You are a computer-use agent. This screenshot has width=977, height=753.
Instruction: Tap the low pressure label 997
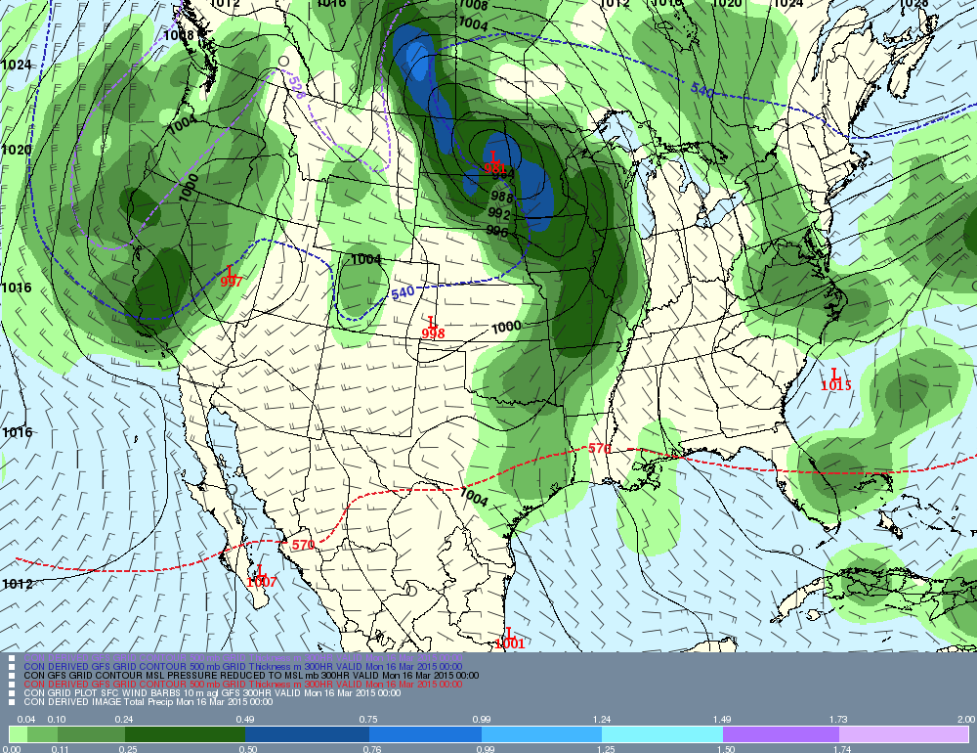(x=232, y=281)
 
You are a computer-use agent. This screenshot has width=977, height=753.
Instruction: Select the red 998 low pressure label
(x=433, y=332)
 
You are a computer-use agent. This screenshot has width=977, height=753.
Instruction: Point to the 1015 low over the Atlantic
(x=835, y=384)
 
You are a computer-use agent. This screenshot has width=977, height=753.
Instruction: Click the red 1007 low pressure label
(x=261, y=581)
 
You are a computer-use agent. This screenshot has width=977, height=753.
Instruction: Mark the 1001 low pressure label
(x=509, y=642)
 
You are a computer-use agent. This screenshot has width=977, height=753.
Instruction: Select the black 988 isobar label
(x=502, y=197)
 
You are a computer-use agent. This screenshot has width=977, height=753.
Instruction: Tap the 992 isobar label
(x=499, y=214)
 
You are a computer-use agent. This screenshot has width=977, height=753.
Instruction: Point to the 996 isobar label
(x=497, y=231)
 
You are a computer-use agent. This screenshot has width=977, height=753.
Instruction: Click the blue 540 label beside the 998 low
(x=402, y=293)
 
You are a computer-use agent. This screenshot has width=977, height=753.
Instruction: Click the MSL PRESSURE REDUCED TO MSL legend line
(x=250, y=675)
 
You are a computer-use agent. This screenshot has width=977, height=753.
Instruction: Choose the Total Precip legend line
(x=148, y=701)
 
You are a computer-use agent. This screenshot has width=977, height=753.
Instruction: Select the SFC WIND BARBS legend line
(x=211, y=692)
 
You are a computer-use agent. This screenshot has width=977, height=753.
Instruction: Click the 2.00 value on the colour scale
(x=965, y=719)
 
